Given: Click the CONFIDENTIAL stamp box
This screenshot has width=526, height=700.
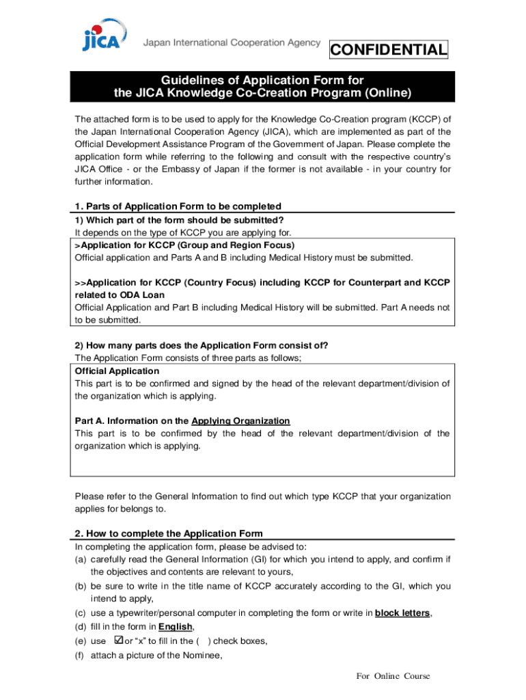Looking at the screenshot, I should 389,50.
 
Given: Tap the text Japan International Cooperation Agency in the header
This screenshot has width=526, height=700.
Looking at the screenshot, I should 232,42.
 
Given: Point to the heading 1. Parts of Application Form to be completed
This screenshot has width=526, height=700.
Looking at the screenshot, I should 178,206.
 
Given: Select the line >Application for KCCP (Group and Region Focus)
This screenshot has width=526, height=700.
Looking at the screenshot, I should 184,245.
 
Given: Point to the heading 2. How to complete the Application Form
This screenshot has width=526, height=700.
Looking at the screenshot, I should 168,533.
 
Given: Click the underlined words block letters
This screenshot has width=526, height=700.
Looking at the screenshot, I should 402,613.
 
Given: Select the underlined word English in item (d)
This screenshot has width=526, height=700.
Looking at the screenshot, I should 176,627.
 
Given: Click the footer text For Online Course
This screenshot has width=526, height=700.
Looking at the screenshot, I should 393,676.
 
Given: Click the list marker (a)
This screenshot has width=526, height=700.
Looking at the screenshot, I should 81,559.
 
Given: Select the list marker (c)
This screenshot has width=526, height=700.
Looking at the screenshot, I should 81,613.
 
